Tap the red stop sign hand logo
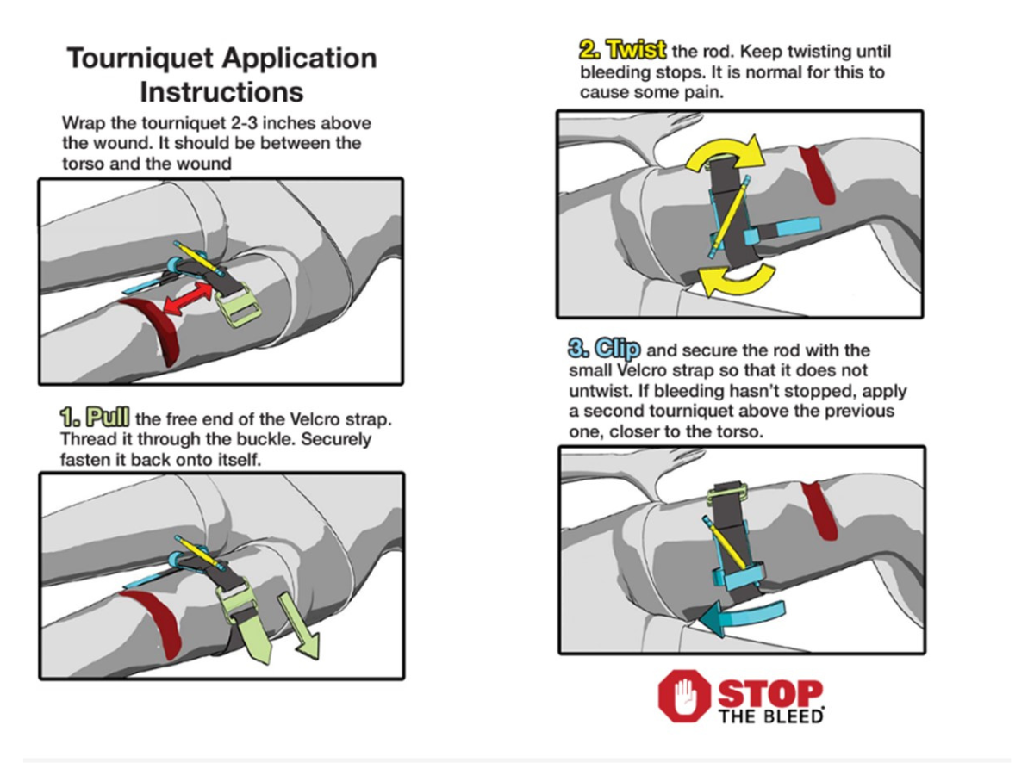click(682, 696)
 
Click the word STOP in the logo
click(769, 692)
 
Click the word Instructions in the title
click(221, 91)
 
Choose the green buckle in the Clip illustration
click(726, 494)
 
